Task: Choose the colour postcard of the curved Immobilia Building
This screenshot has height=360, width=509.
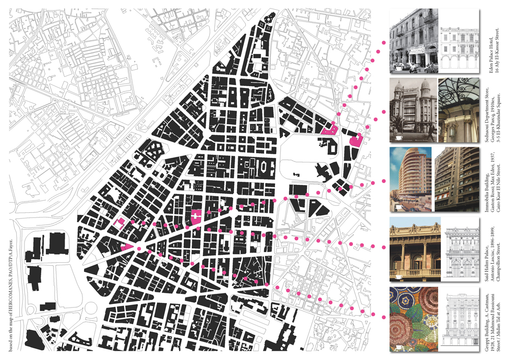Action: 410,179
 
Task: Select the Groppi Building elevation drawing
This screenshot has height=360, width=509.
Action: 461,319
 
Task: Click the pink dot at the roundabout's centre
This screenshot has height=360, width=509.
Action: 138,248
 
